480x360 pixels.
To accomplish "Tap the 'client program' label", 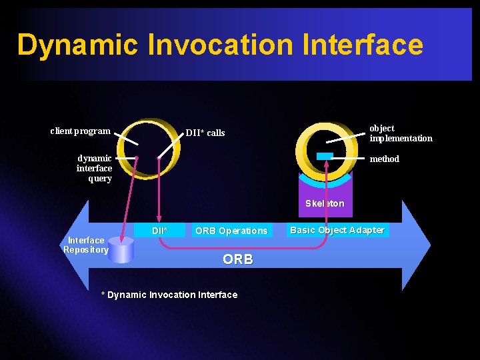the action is pos(80,131).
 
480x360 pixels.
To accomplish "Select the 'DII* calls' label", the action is pos(205,133).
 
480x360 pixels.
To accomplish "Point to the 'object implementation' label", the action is pos(401,133).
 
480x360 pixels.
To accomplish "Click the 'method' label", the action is pos(385,159).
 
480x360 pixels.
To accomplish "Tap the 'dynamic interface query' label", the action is pos(94,169).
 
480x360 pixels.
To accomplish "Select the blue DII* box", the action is pos(160,231).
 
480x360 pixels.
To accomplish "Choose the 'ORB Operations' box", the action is pos(231,231).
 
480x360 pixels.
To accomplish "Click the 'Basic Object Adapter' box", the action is pos(337,230).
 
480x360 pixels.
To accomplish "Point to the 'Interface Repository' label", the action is pos(86,245).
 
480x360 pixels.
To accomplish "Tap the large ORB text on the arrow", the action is pos(238,259).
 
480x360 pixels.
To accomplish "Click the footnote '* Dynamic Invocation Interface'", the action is pos(169,295).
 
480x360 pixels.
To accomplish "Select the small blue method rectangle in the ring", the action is pos(325,156).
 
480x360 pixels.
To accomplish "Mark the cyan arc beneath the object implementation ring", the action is pos(325,181).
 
